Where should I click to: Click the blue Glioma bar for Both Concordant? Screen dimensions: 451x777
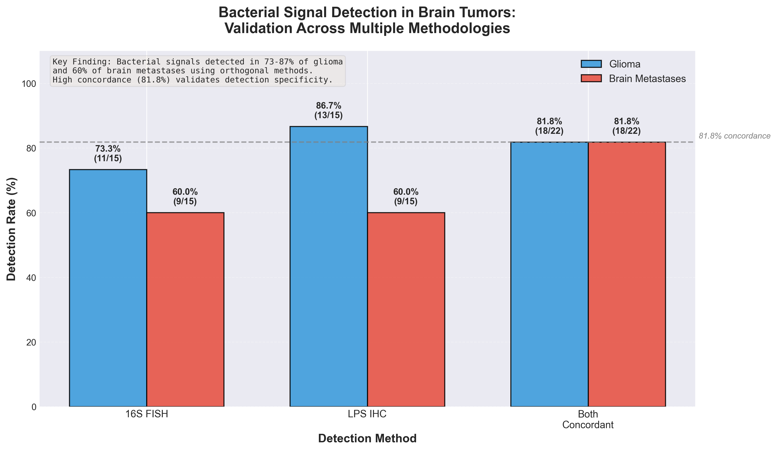(x=549, y=274)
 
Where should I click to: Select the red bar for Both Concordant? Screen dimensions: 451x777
(x=626, y=274)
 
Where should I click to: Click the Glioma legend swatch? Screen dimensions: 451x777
(x=591, y=64)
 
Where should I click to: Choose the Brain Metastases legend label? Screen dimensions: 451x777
(x=647, y=79)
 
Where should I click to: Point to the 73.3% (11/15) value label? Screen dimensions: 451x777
(x=108, y=154)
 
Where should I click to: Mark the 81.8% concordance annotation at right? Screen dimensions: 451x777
(x=734, y=136)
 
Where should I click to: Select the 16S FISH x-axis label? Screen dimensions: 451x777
(x=147, y=414)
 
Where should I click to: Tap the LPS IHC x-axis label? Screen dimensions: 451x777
(x=367, y=414)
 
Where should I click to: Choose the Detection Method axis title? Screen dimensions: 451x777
(x=367, y=439)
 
